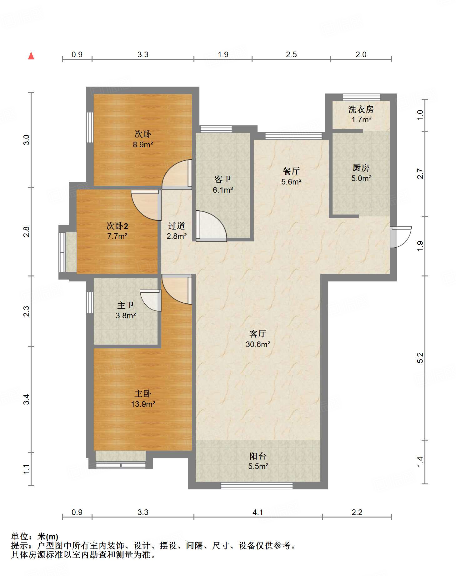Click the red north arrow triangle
(x=31, y=56)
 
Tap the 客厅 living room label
(x=258, y=334)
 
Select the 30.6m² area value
(x=258, y=344)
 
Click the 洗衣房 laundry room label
(x=361, y=109)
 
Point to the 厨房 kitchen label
(x=361, y=168)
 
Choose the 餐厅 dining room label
(x=291, y=171)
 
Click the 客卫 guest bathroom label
(x=223, y=179)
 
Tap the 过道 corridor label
(x=177, y=226)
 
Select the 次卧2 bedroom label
(x=117, y=226)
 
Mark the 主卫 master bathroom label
(x=126, y=305)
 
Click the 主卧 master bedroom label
(x=143, y=393)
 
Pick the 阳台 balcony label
(x=258, y=456)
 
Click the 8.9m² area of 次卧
(x=143, y=144)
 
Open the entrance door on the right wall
(x=401, y=237)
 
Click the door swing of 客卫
(x=211, y=226)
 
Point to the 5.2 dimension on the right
(x=420, y=357)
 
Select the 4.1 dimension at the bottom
(x=258, y=512)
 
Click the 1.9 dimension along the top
(x=223, y=54)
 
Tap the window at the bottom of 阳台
(x=257, y=486)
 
